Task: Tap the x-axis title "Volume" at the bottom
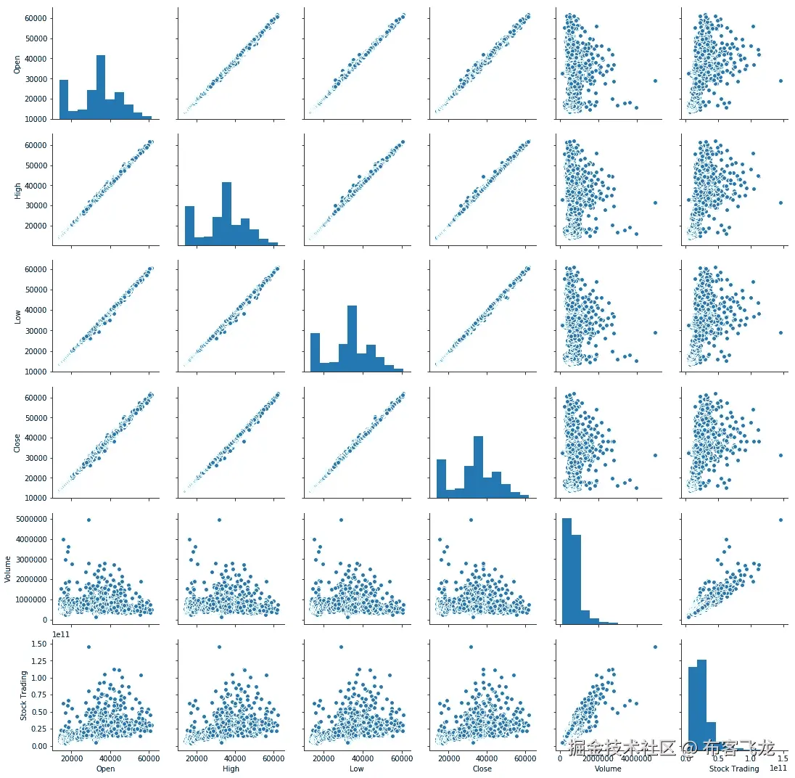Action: coord(607,769)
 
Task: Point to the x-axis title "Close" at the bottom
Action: coord(482,769)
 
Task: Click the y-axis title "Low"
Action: coord(17,317)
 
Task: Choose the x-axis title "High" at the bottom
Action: coord(231,769)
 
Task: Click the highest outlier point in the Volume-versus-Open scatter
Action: coord(88,520)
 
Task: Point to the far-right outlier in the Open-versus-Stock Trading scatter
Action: coord(780,81)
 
